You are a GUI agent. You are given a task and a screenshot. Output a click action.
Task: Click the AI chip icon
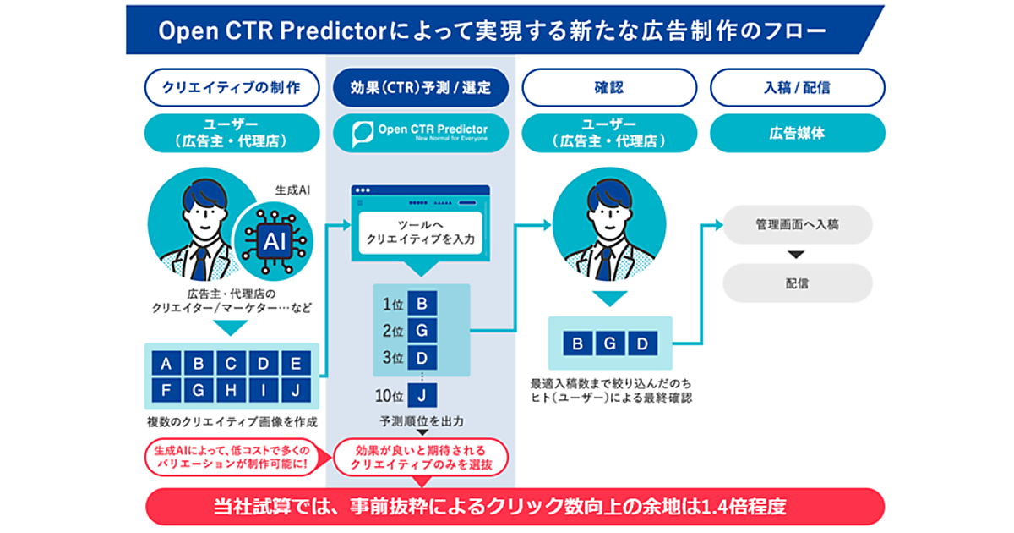click(274, 241)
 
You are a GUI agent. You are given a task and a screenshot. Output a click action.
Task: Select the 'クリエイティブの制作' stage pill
click(232, 87)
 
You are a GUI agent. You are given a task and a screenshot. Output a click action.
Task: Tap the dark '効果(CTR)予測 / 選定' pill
click(421, 87)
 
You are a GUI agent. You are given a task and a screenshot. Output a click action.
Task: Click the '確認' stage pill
click(609, 87)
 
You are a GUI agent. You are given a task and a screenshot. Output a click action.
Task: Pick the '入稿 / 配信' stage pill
click(798, 87)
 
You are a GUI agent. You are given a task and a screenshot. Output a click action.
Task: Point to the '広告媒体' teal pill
click(798, 134)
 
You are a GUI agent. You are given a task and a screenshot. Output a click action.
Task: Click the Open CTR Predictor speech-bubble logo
click(363, 134)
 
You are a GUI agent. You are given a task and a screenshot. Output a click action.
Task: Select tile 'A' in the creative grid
click(166, 363)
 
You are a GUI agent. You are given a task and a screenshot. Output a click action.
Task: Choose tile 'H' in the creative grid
click(231, 390)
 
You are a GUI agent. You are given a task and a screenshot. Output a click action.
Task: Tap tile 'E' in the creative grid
click(296, 363)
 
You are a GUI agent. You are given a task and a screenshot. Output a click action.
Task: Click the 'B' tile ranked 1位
click(422, 303)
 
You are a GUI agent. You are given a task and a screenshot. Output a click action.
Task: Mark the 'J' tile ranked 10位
click(422, 396)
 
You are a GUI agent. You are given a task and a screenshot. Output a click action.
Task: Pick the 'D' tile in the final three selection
click(642, 343)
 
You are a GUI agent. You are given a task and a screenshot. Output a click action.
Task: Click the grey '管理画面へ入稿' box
click(797, 225)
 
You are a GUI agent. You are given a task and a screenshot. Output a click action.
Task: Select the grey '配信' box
click(797, 283)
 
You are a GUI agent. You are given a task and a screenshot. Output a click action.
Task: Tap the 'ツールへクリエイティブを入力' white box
click(421, 232)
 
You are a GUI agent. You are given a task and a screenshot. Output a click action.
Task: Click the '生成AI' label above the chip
click(292, 190)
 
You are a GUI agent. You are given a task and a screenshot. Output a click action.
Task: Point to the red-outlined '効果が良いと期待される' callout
click(421, 458)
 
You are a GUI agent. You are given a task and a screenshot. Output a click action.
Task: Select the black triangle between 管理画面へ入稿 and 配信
click(796, 255)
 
